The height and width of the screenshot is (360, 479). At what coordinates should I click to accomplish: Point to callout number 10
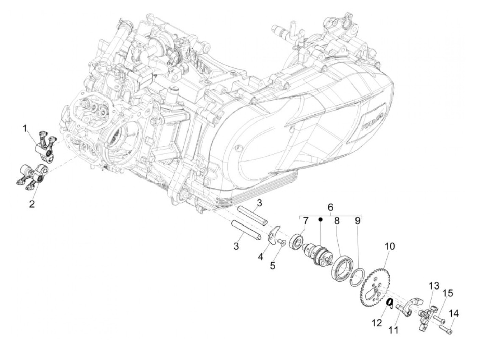(x=390, y=246)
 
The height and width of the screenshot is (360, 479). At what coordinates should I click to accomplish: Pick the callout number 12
(x=377, y=323)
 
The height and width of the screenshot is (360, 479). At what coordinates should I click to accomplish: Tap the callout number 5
(x=273, y=265)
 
